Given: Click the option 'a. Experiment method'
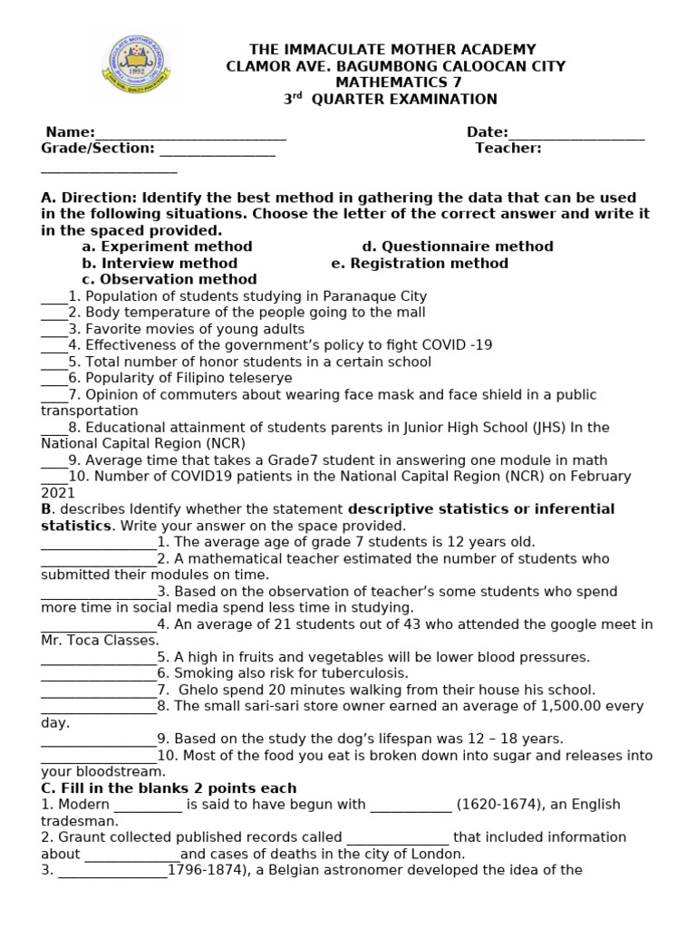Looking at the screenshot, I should pos(167,246).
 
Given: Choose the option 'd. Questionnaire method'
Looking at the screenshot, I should pos(458,246).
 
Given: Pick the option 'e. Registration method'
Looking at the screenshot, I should pos(420,263).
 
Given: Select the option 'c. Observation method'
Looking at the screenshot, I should pos(169,279).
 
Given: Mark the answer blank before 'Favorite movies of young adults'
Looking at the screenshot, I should pos(53,329).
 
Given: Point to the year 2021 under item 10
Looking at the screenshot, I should pos(58,492).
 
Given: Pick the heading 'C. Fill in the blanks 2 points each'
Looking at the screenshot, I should pos(169,788).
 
